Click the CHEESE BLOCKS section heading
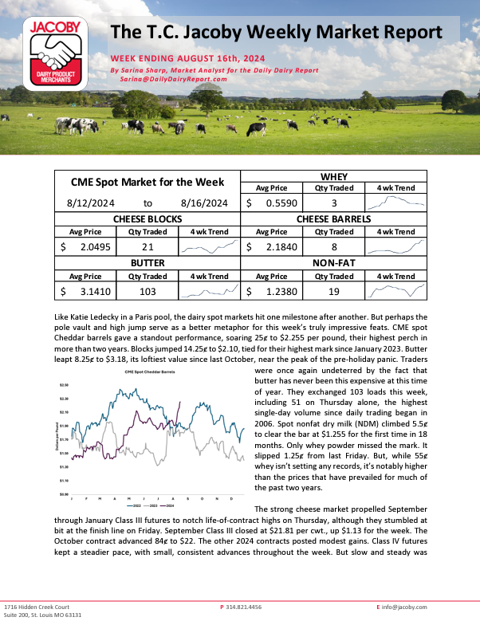[148, 218]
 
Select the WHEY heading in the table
[334, 175]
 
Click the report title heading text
[276, 33]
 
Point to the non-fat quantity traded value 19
[334, 292]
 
